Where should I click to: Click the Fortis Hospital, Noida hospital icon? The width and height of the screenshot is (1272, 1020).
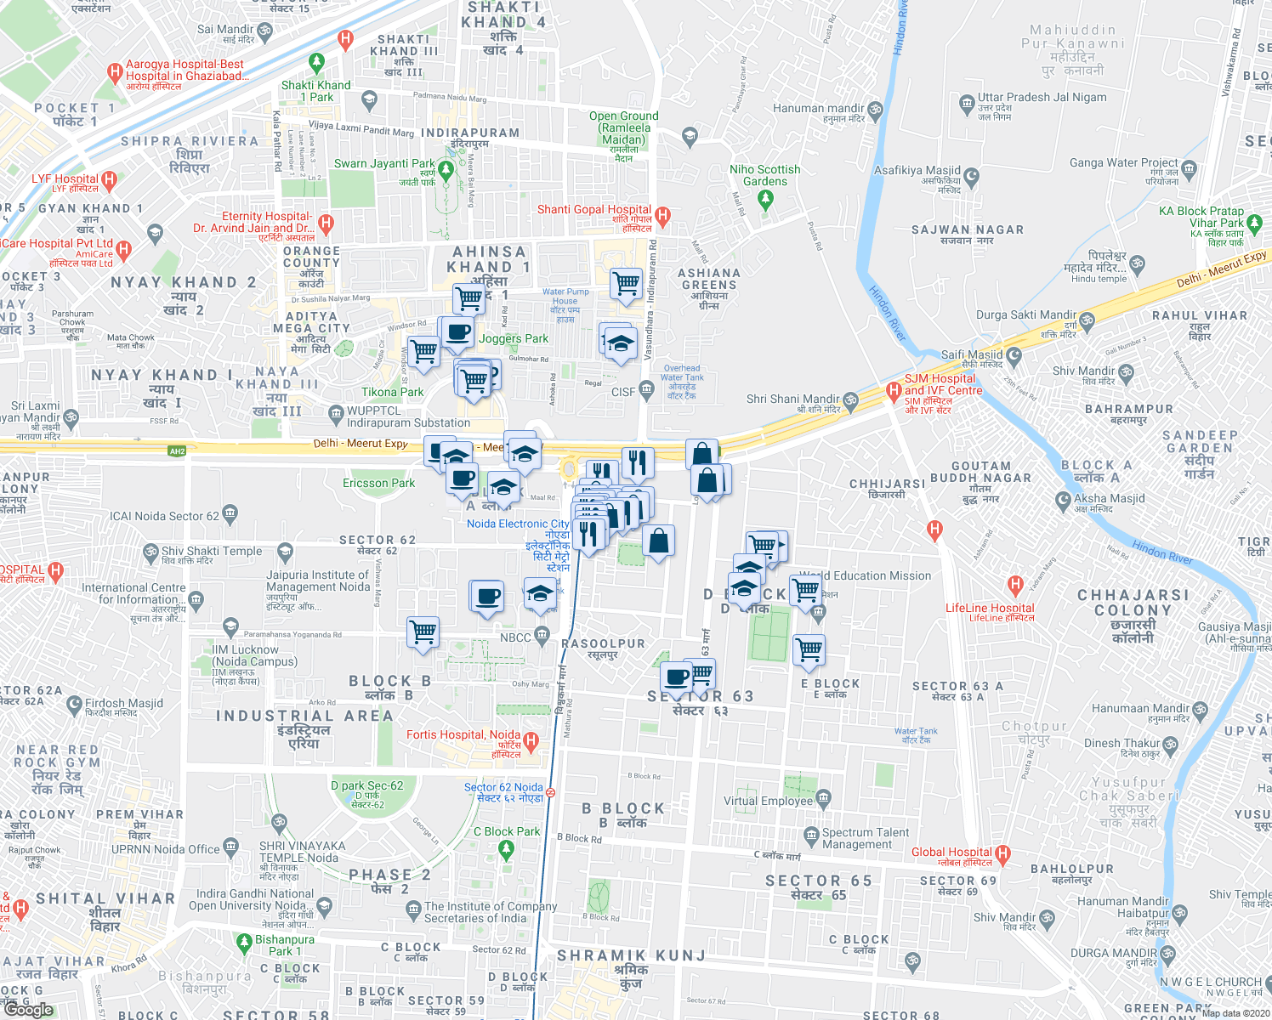531,741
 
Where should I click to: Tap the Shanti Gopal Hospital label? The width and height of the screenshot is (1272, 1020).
594,210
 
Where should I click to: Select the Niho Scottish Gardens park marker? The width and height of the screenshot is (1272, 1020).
765,199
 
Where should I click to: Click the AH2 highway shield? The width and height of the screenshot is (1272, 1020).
177,451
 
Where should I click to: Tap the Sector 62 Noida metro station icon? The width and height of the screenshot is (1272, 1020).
551,792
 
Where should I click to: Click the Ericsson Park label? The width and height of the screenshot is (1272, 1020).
378,483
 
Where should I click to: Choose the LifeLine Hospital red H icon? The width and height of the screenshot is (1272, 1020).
1014,585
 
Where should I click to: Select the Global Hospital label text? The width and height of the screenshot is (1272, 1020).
951,852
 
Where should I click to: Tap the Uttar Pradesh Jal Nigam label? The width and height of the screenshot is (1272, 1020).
1042,97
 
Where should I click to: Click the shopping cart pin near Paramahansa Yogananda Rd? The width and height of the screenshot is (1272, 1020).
423,632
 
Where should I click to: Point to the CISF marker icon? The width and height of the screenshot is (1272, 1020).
646,390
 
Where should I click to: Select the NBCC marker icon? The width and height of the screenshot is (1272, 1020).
542,636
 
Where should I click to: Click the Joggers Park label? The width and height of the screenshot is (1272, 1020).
514,338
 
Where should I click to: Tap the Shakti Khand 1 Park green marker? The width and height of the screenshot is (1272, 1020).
316,63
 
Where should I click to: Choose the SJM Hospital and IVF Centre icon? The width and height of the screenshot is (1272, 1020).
893,391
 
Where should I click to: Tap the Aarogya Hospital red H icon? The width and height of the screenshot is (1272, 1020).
115,73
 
